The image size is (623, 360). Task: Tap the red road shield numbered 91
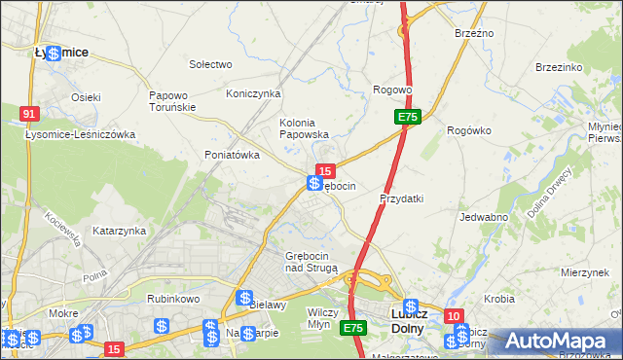[x=29, y=115]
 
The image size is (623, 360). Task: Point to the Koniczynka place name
[x=253, y=93]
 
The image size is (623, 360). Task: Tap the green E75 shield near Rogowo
[x=408, y=118]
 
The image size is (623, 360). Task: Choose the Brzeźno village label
[x=474, y=33]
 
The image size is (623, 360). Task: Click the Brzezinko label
[x=559, y=67]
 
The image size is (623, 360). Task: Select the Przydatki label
[x=401, y=198]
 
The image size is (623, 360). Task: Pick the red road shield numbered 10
[x=454, y=316]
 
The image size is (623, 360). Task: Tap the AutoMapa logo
[x=561, y=340]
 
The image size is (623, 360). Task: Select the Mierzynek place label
[x=585, y=272]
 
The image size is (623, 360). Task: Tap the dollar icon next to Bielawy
[x=245, y=298]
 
